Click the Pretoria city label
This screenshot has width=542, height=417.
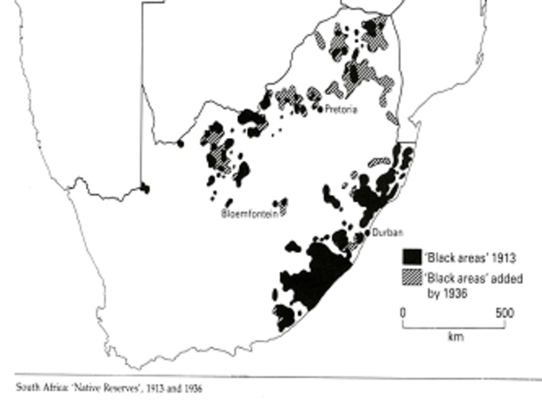341,109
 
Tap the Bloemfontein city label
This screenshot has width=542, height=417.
249,213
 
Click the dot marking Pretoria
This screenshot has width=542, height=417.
321,109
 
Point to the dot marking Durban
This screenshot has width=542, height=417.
370,233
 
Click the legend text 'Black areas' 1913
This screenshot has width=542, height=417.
460,258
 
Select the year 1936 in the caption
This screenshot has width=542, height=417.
191,388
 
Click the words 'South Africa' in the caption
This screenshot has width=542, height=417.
37,388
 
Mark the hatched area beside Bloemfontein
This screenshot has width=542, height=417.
282,207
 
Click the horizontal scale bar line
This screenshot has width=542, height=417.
454,326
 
